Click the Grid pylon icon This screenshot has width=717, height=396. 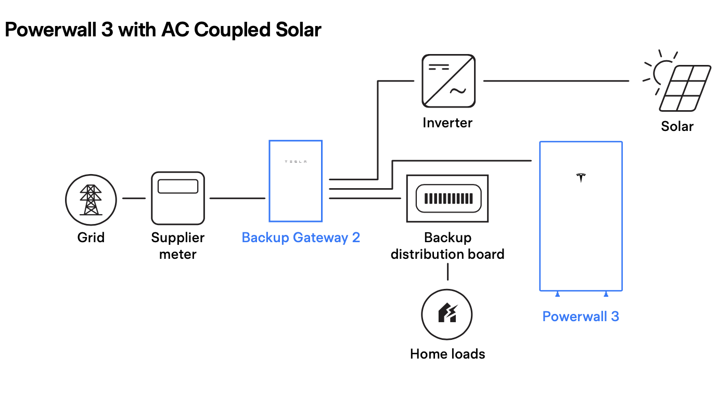91,199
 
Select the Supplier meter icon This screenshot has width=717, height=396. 177,198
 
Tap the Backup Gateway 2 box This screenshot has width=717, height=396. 296,181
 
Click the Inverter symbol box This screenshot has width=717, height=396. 448,81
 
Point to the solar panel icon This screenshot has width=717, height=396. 685,88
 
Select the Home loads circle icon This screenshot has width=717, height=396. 446,315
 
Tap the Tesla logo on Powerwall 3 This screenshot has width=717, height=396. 581,177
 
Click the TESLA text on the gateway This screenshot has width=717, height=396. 296,162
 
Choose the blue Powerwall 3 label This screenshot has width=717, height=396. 581,316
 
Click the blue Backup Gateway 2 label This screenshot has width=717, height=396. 301,238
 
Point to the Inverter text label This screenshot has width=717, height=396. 447,123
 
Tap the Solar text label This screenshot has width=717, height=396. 677,126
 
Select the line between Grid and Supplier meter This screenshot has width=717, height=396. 134,198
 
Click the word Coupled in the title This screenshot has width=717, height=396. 232,30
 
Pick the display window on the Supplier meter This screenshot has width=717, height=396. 178,187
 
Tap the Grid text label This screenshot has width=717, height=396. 91,238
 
